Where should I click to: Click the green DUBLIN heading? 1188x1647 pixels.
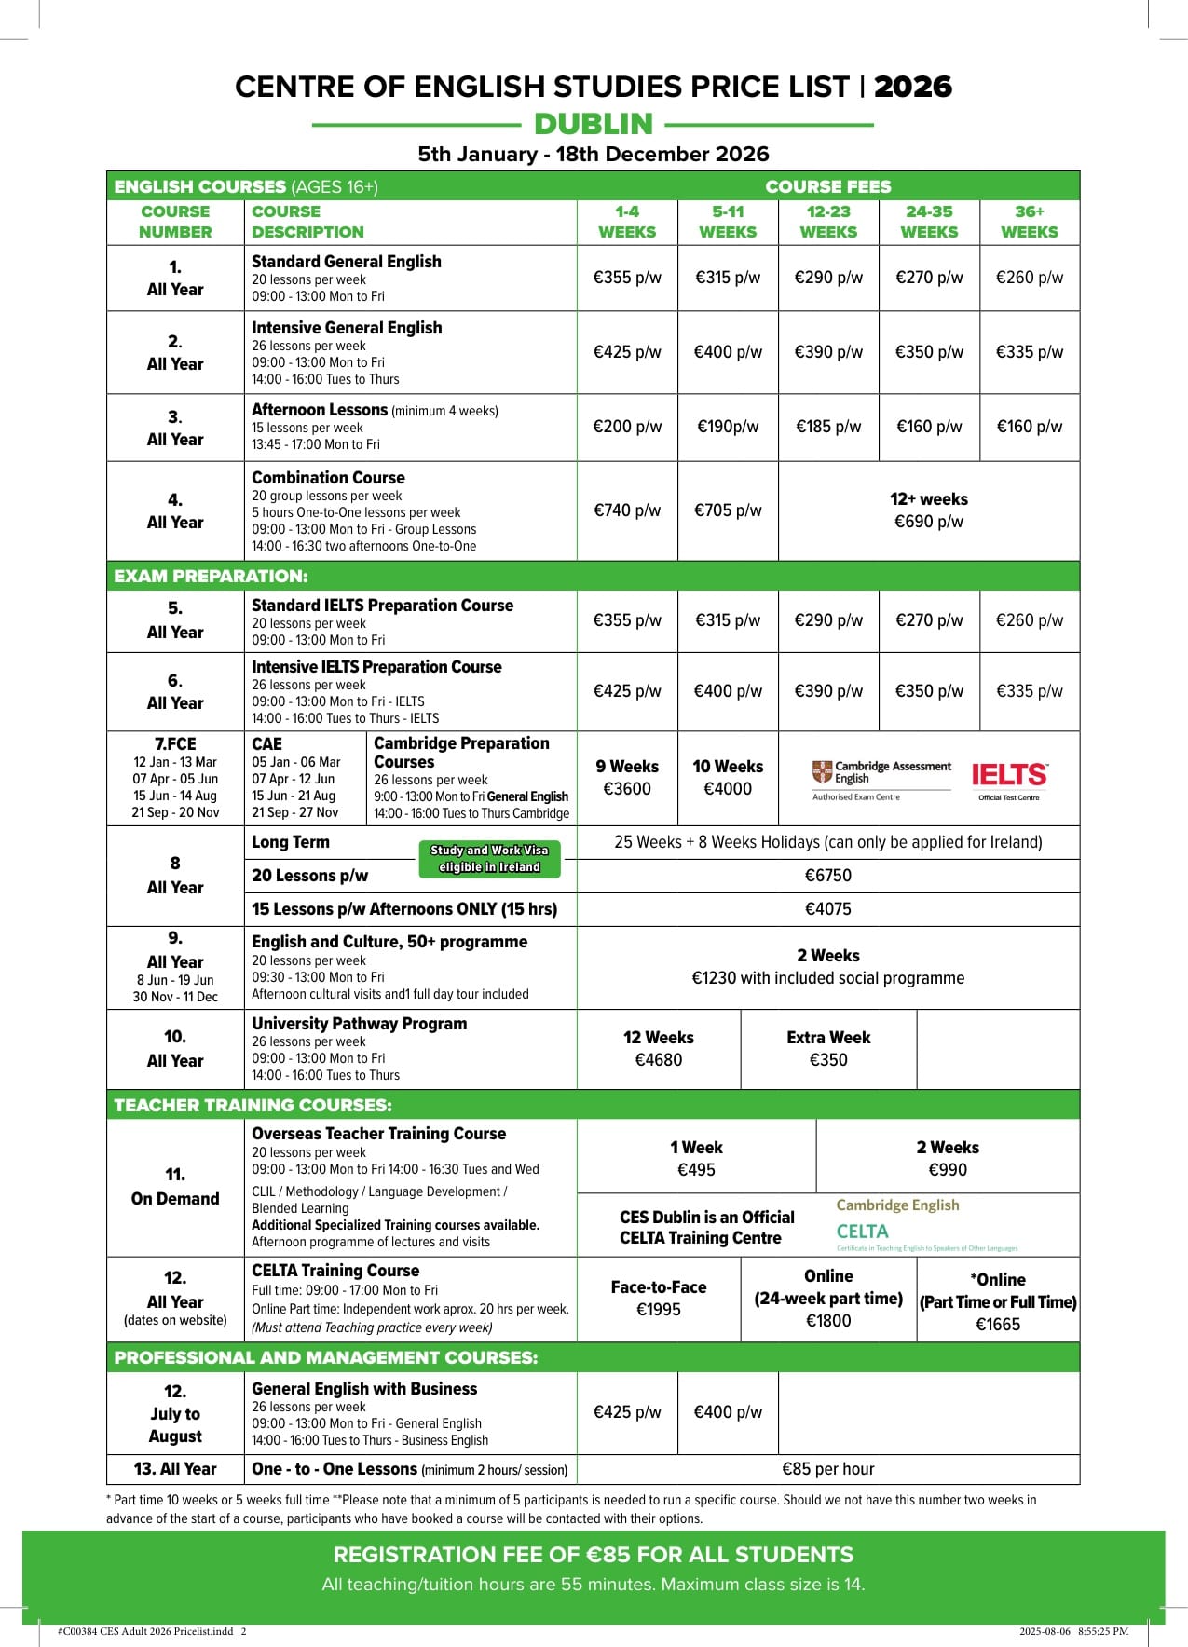pyautogui.click(x=594, y=124)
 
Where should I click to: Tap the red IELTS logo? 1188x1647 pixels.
pyautogui.click(x=1009, y=775)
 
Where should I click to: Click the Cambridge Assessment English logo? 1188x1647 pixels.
pyautogui.click(x=881, y=773)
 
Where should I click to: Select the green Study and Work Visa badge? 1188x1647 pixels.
pyautogui.click(x=489, y=859)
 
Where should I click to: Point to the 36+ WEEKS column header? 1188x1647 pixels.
pyautogui.click(x=1029, y=222)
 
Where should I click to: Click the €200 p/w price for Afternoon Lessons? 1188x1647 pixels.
pyautogui.click(x=627, y=427)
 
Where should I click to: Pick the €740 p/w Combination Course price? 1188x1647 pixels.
pyautogui.click(x=627, y=510)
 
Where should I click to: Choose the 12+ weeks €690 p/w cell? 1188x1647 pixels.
pyautogui.click(x=928, y=510)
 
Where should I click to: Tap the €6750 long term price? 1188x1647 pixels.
pyautogui.click(x=827, y=876)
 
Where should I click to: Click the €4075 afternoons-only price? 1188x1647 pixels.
pyautogui.click(x=827, y=909)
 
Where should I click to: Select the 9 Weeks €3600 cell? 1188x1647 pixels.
pyautogui.click(x=627, y=778)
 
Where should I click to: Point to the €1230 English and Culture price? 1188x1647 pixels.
pyautogui.click(x=827, y=977)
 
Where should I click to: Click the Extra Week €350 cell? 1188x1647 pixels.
pyautogui.click(x=827, y=1049)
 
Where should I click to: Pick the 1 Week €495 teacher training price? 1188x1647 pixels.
pyautogui.click(x=696, y=1159)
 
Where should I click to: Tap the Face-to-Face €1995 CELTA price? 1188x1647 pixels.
pyautogui.click(x=658, y=1299)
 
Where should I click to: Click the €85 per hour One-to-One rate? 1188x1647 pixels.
pyautogui.click(x=827, y=1469)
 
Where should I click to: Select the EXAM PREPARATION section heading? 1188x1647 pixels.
pyautogui.click(x=211, y=576)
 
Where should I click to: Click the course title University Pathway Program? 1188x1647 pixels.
pyautogui.click(x=359, y=1024)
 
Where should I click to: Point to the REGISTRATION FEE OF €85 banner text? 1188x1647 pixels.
pyautogui.click(x=593, y=1555)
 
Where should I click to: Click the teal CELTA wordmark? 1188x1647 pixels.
pyautogui.click(x=862, y=1232)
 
